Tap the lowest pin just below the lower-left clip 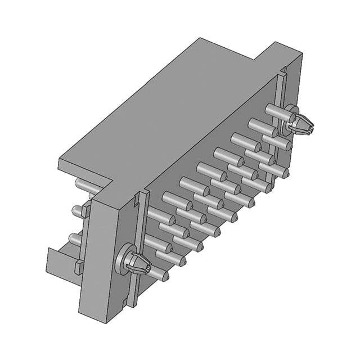point(157,274)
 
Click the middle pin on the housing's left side point(78,211)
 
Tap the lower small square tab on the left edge point(78,267)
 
